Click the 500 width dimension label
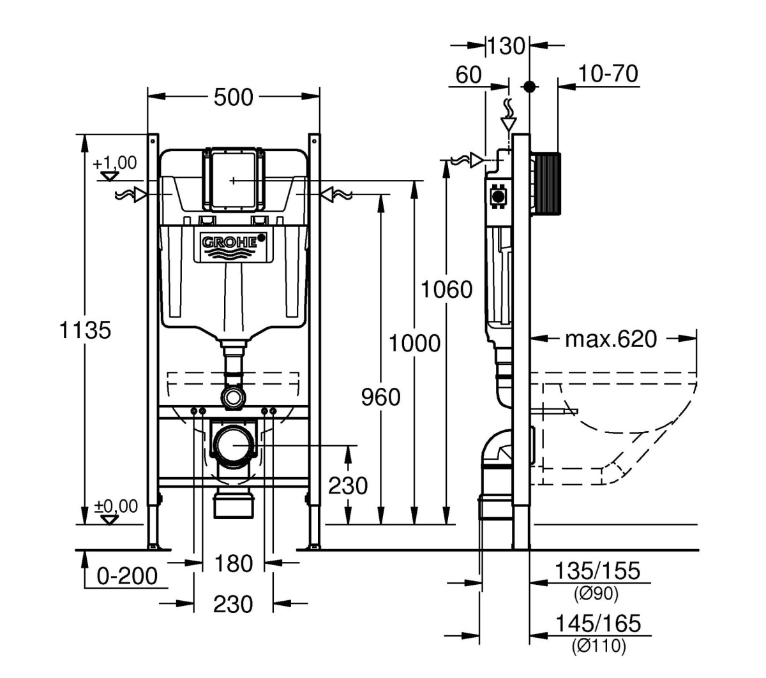(233, 98)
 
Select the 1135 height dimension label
(85, 330)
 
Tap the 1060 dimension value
(447, 290)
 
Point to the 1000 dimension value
(415, 343)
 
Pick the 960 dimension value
(381, 397)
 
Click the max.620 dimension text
(610, 339)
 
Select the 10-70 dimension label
(608, 74)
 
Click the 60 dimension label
(469, 75)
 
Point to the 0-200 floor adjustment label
(127, 576)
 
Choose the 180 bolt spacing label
(233, 564)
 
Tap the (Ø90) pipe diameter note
(597, 594)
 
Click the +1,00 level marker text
(115, 163)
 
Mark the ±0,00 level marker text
(116, 506)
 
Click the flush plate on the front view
(233, 180)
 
